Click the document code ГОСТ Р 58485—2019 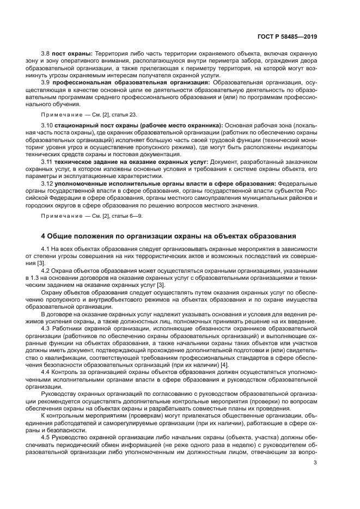click(289, 37)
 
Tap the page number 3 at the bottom click(315, 463)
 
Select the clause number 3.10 click(47, 126)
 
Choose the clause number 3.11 click(46, 162)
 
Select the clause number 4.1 click(45, 249)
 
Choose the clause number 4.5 click(45, 436)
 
